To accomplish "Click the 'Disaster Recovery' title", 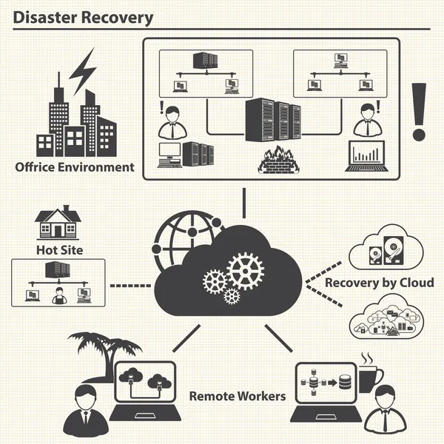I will [84, 17].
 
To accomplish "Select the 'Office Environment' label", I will [75, 167].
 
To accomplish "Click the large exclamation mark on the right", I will [420, 111].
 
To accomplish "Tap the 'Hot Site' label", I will [59, 250].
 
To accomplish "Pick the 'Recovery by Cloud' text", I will [380, 283].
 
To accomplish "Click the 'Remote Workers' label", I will [237, 396].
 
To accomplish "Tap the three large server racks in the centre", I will [273, 121].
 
